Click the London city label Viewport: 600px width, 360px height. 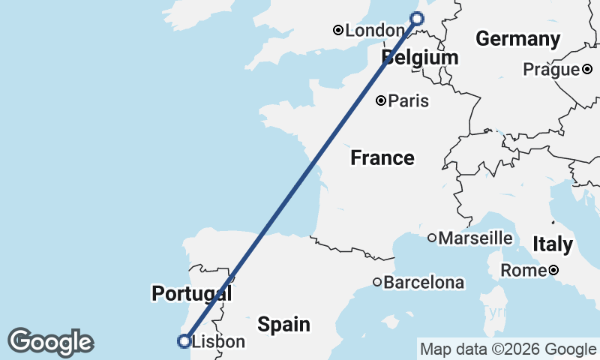click(376, 31)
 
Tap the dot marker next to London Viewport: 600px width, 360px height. click(338, 31)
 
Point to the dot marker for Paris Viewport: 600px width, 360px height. click(382, 100)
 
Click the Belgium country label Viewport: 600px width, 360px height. click(420, 58)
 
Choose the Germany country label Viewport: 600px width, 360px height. click(518, 39)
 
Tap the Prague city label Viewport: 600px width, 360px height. click(551, 70)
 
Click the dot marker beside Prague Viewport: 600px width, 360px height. click(587, 70)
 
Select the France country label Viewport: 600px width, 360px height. click(382, 158)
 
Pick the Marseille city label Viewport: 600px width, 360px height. click(475, 238)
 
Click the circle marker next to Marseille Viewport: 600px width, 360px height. click(432, 238)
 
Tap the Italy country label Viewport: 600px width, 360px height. click(553, 244)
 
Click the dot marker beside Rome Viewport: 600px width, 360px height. click(553, 270)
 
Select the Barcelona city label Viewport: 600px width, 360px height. click(424, 283)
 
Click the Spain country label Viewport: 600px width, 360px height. click(283, 325)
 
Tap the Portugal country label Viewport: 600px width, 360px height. click(191, 293)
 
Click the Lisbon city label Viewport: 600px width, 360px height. click(218, 342)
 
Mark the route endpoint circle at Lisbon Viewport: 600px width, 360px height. click(184, 341)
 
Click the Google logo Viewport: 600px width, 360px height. click(50, 342)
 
